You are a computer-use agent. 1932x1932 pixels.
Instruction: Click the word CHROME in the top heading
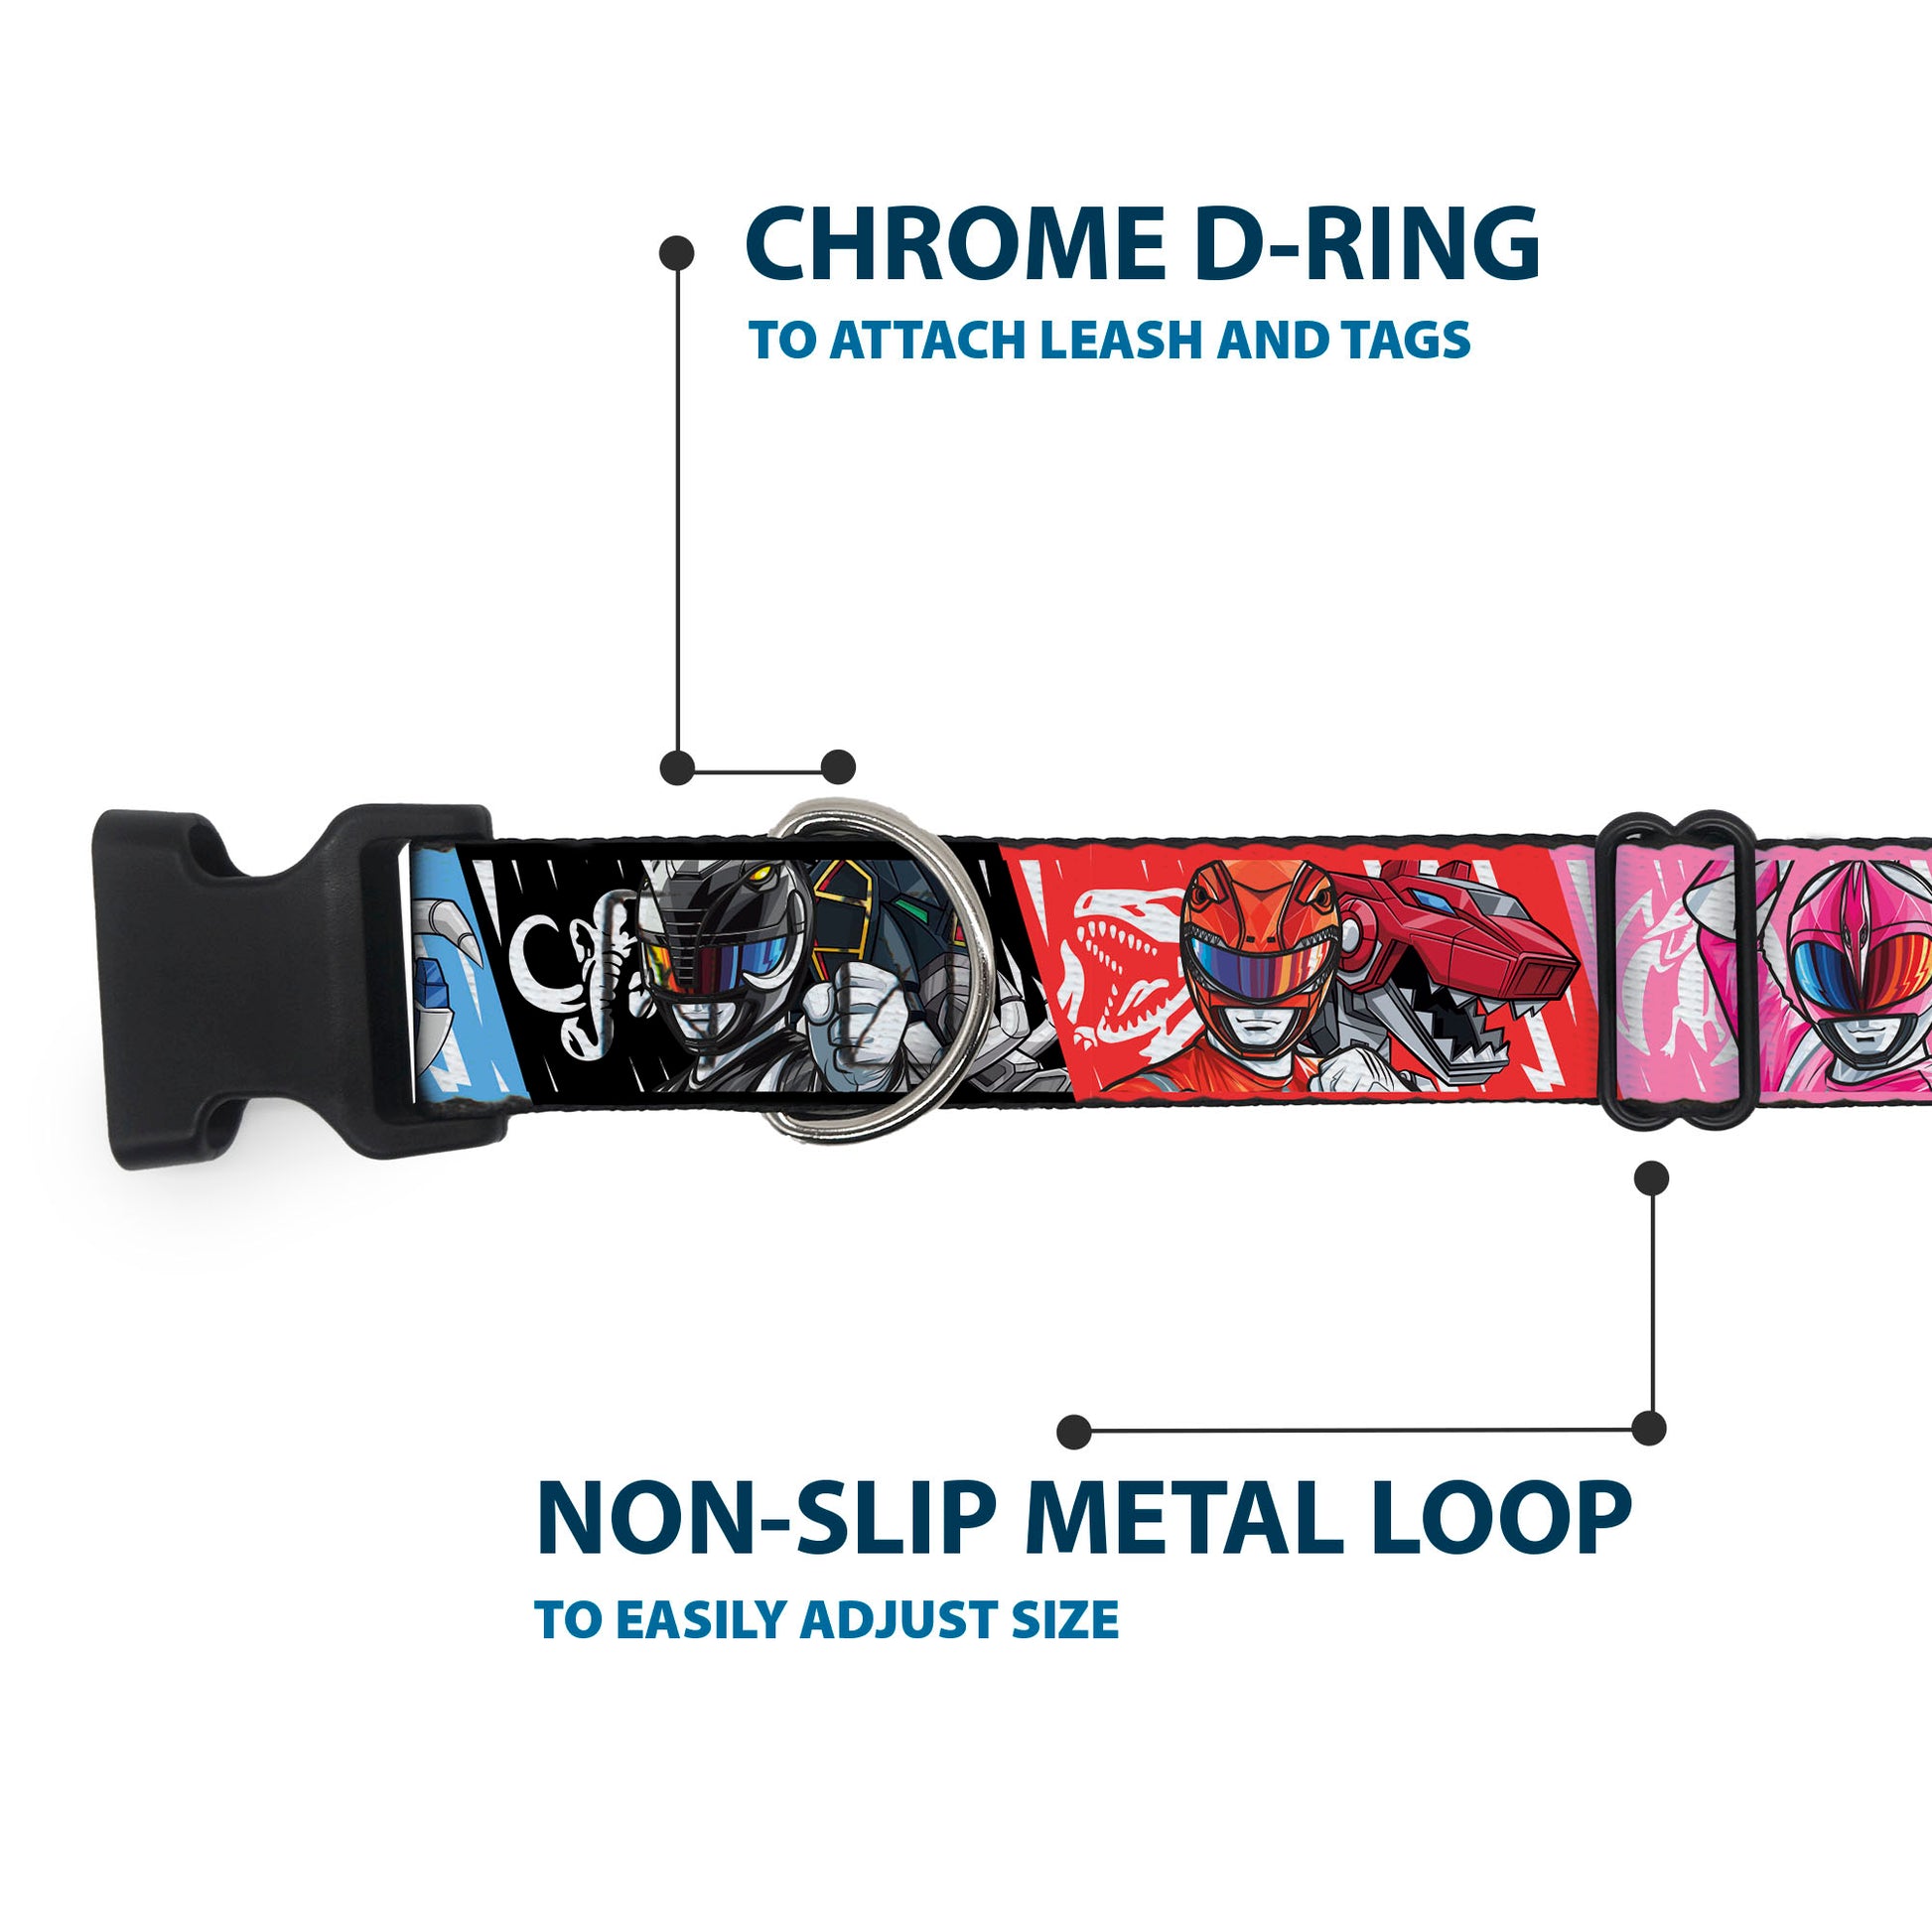pos(954,244)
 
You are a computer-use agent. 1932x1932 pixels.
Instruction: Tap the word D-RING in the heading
pos(1367,244)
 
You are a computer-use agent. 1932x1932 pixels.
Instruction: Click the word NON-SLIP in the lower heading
pos(766,1519)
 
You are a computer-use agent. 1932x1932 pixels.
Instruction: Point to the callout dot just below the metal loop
pos(1651,1178)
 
